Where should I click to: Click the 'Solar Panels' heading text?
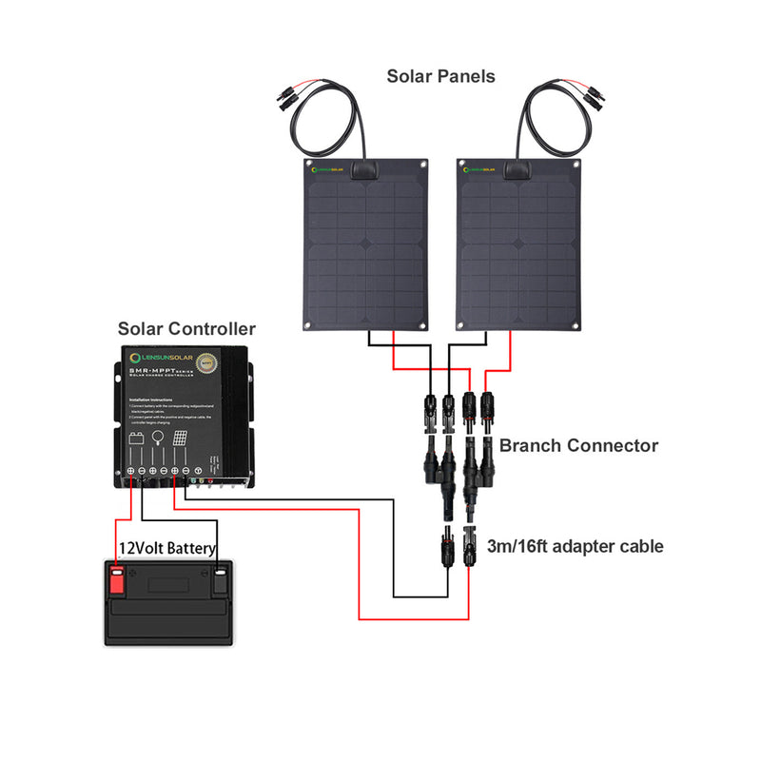coord(440,76)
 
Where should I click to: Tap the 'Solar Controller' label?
coord(186,329)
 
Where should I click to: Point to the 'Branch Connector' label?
coord(578,444)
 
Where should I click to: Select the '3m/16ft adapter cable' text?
coord(575,546)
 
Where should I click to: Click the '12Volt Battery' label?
coord(167,549)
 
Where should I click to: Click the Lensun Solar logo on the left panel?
coord(325,172)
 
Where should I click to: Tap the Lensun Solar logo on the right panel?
coord(481,171)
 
